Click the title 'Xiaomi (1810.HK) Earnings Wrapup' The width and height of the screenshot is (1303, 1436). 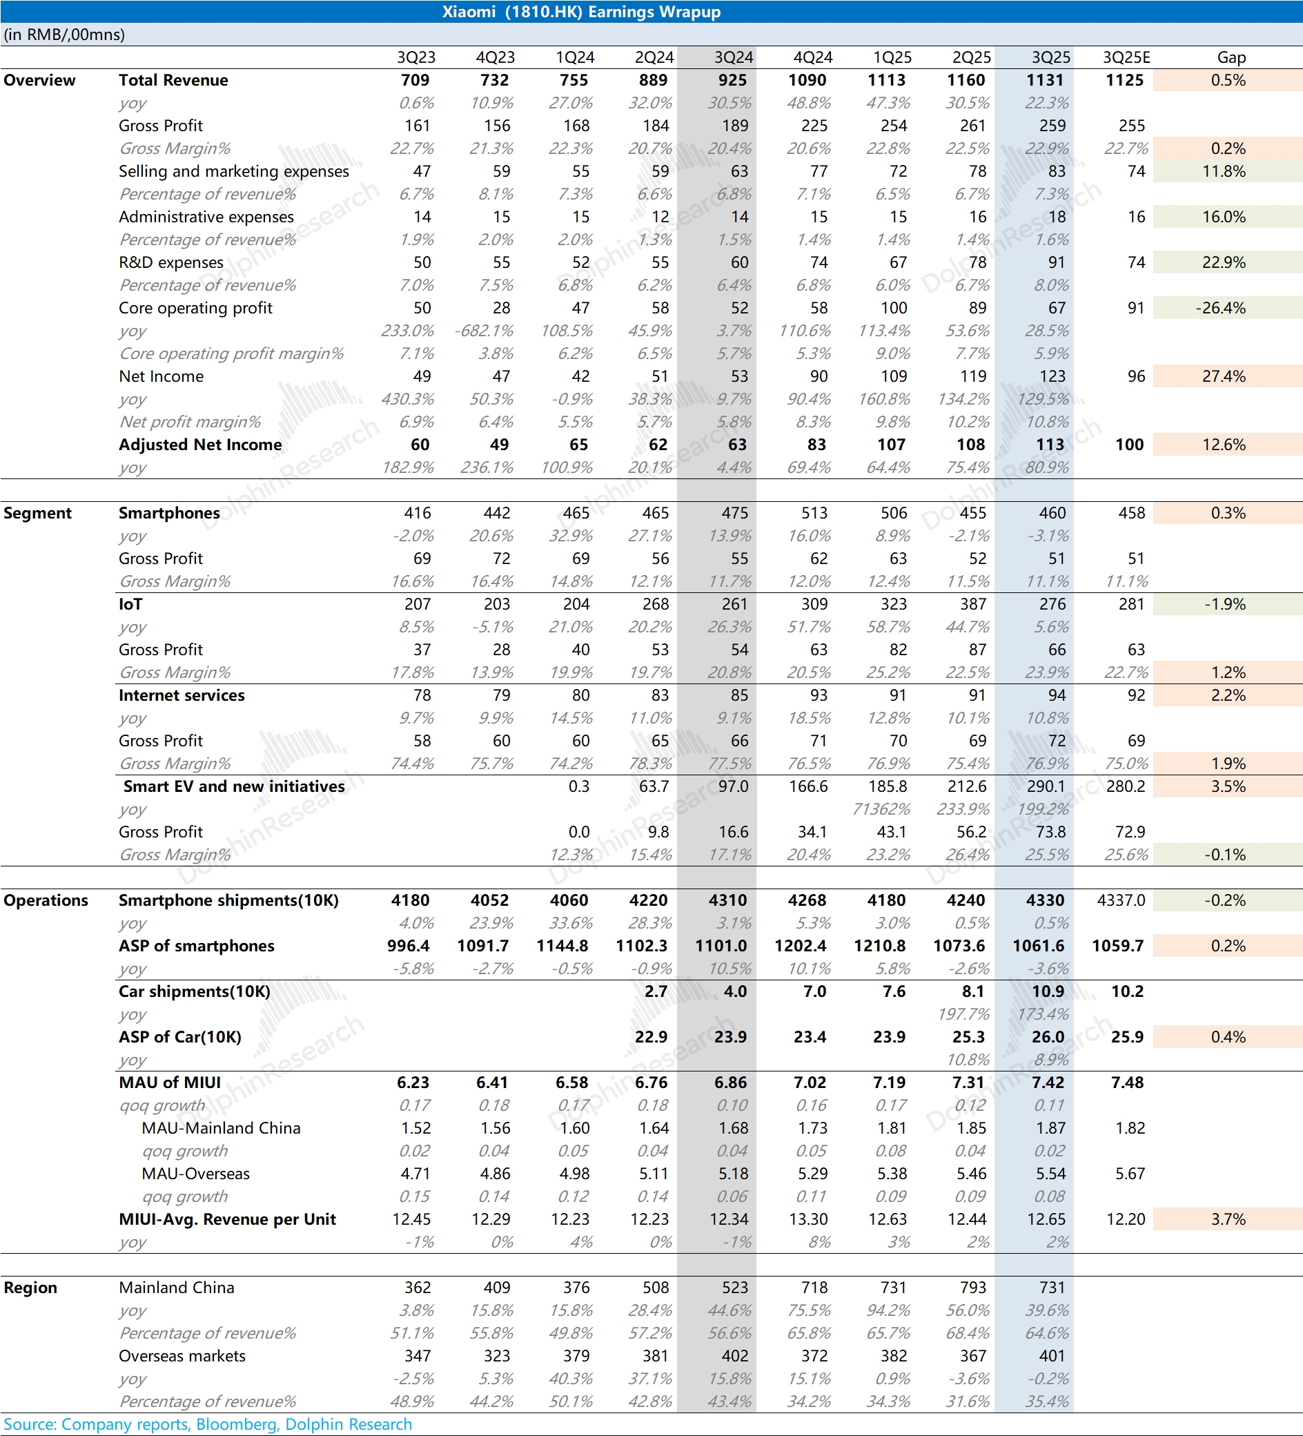581,12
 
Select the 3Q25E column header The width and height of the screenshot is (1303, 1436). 1126,58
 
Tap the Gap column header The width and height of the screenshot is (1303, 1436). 1231,58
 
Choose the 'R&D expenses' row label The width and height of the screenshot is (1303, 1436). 171,263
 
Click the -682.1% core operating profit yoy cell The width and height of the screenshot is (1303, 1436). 484,331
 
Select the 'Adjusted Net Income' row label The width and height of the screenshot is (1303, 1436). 200,445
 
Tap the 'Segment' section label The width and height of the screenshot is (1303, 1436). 37,514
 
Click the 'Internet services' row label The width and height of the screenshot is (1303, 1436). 182,696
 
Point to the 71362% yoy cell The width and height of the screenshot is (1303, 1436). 881,810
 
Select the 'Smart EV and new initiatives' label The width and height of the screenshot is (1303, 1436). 233,787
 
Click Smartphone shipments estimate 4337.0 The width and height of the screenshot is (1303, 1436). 1121,901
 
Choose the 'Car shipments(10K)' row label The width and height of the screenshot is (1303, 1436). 195,992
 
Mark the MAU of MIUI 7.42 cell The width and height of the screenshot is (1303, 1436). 1048,1083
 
